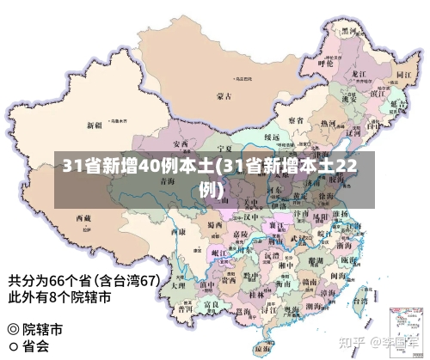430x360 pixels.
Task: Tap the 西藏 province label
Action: [x=83, y=218]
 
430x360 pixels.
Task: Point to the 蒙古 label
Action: [x=224, y=95]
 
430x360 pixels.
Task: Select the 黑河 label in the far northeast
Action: [x=349, y=30]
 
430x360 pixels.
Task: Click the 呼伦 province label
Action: [x=325, y=63]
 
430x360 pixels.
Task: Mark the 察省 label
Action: [x=295, y=119]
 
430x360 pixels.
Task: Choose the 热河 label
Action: [x=327, y=124]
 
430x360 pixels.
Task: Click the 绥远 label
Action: [x=272, y=137]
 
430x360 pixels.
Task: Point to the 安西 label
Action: [x=181, y=143]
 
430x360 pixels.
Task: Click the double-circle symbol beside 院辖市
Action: [x=12, y=329]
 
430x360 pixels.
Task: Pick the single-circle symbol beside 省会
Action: [x=12, y=347]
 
